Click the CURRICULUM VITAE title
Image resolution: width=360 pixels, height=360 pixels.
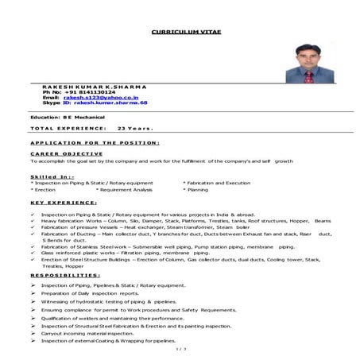pyautogui.click(x=179, y=33)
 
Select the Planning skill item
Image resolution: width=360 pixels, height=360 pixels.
pyautogui.click(x=196, y=190)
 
